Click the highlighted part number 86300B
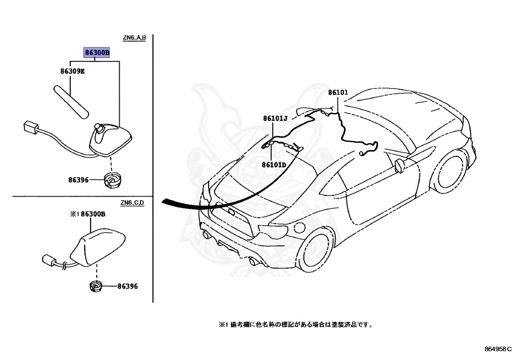pos(97,52)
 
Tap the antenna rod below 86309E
pos(71,101)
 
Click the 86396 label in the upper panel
pos(79,180)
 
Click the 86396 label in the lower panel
pos(127,287)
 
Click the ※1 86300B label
pos(87,214)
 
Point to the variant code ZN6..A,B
pos(134,38)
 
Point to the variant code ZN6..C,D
pos(133,203)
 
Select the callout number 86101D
pos(274,164)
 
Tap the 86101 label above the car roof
pos(338,93)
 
